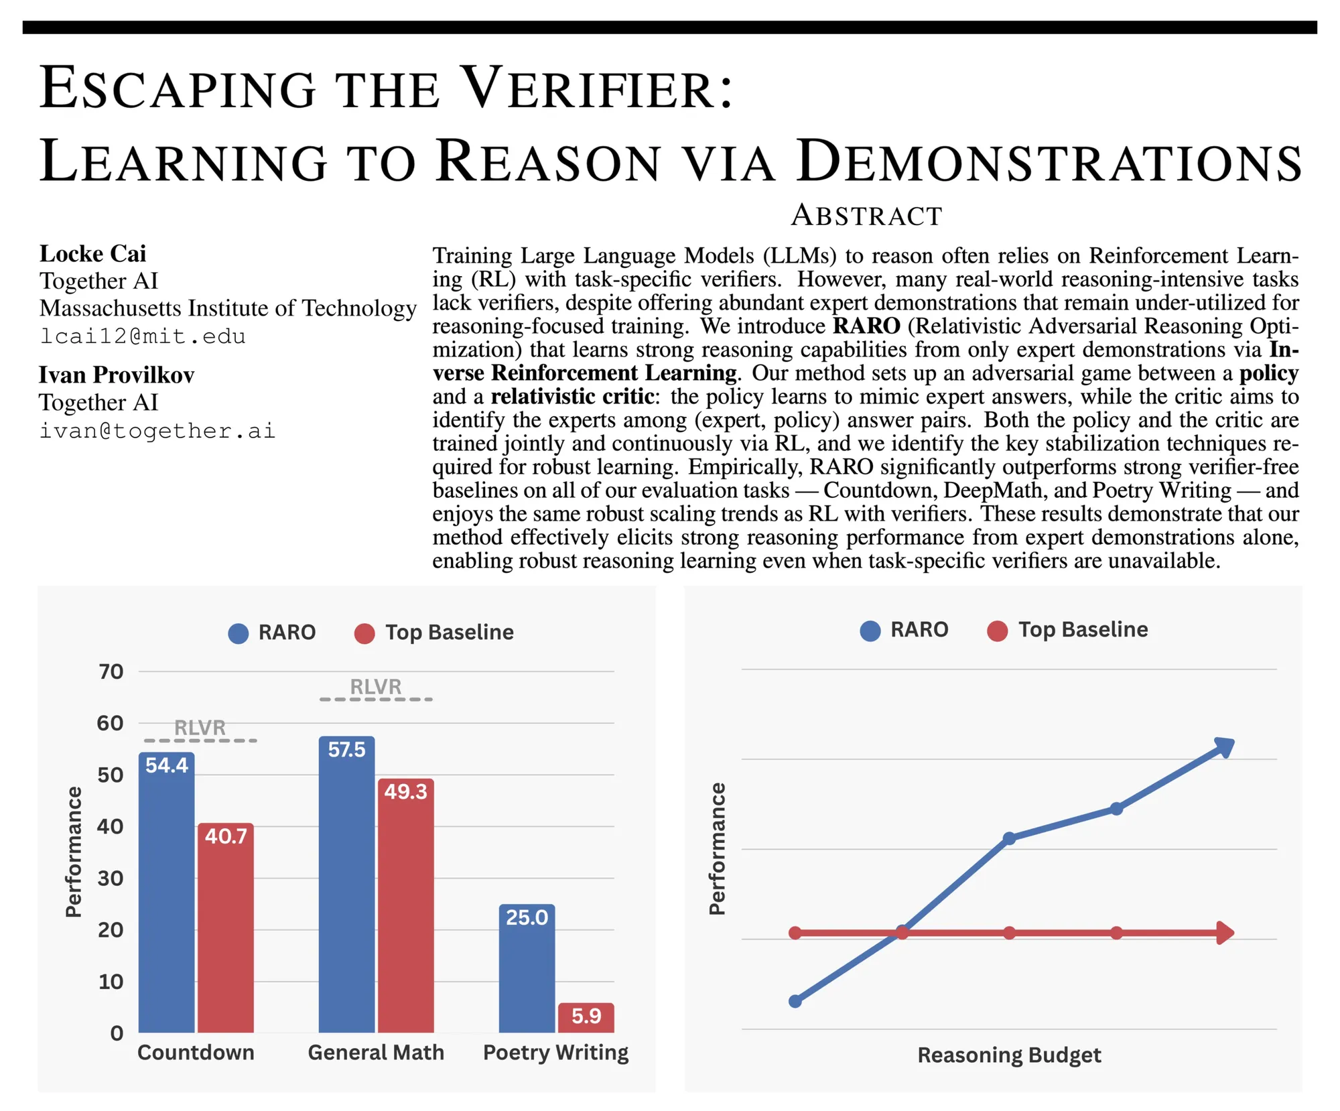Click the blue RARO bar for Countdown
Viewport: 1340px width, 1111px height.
click(x=166, y=898)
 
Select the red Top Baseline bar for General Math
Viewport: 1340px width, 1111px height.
click(x=405, y=911)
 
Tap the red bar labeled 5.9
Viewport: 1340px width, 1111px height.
click(x=586, y=1017)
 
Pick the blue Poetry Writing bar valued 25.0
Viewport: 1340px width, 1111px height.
click(x=527, y=972)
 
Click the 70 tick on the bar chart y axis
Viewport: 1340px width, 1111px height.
click(x=111, y=671)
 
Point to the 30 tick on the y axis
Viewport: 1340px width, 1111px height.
click(x=111, y=878)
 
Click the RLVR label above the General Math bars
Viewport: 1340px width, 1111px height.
click(x=376, y=687)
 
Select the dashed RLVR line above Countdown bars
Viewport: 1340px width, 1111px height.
click(x=201, y=740)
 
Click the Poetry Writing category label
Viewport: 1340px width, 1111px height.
click(x=555, y=1052)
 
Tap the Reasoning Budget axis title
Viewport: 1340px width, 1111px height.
click(x=1009, y=1055)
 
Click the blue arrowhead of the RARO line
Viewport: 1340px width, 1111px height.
click(x=1225, y=746)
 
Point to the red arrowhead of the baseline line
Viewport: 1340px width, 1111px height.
click(x=1225, y=933)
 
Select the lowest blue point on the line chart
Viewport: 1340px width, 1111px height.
click(x=795, y=1001)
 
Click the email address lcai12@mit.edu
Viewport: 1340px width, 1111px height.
click(x=143, y=336)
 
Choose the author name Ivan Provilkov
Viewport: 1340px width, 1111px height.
click(x=117, y=375)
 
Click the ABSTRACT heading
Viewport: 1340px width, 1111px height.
click(x=866, y=216)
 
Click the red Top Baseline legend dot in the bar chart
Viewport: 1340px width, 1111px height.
click(x=364, y=633)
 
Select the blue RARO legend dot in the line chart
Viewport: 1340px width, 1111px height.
click(x=870, y=631)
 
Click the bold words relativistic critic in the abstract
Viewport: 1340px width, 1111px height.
click(x=573, y=397)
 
